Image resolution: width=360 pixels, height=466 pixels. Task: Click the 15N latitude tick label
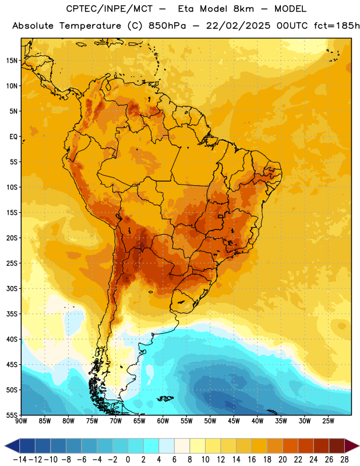(12, 61)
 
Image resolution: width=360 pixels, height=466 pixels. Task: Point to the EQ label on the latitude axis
(13, 137)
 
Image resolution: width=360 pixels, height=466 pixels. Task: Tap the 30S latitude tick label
(12, 288)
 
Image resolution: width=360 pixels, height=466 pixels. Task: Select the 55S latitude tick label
(12, 415)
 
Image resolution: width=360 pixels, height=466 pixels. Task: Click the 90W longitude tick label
(21, 421)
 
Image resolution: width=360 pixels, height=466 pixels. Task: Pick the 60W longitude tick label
(163, 421)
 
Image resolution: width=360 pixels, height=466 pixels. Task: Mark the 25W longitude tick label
(328, 421)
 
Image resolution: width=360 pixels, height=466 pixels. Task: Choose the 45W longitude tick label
(234, 421)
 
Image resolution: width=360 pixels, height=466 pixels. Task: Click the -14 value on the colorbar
(20, 460)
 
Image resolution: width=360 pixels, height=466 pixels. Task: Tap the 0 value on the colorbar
(128, 460)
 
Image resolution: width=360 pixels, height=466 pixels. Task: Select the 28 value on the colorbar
(344, 460)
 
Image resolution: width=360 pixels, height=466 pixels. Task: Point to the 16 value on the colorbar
(252, 460)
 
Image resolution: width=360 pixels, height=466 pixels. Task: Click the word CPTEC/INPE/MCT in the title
(110, 9)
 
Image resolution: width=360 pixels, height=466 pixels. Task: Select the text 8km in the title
(243, 9)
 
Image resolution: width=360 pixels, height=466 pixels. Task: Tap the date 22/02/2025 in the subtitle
(238, 26)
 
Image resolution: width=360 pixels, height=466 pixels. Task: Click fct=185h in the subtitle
(336, 26)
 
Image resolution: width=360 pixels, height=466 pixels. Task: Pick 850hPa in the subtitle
(167, 26)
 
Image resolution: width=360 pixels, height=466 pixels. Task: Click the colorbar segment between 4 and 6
(167, 446)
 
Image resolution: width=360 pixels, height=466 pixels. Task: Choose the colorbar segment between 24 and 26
(321, 446)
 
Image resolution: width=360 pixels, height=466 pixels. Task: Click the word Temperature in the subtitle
(90, 26)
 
